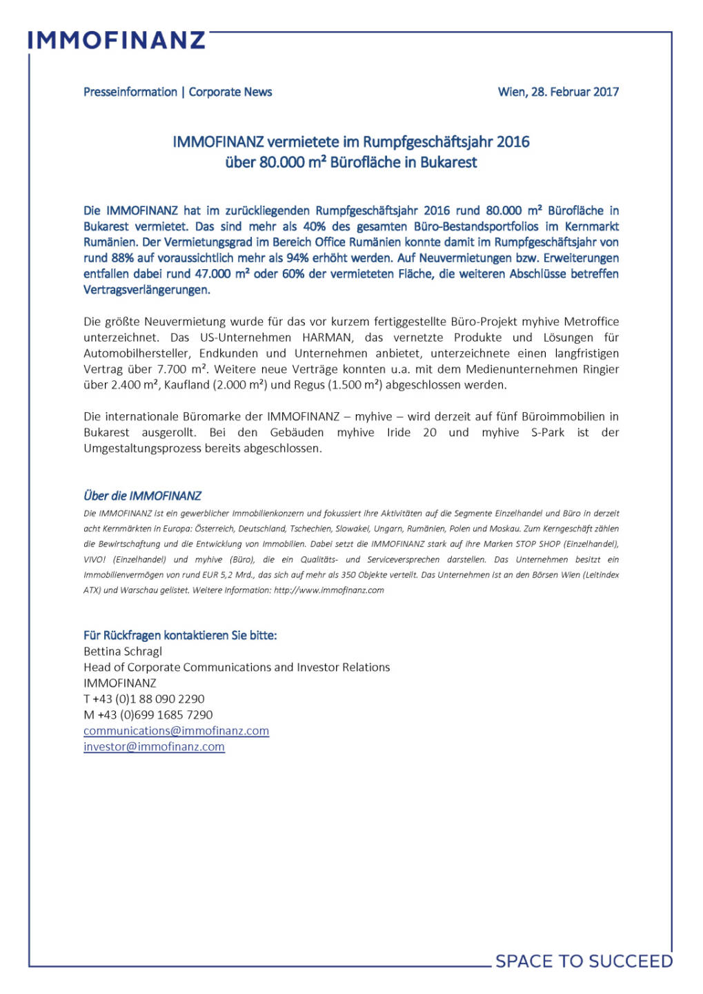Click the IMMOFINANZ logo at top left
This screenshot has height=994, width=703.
[117, 40]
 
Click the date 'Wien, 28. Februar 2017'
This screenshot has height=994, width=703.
[558, 92]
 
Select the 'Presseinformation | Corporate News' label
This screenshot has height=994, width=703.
[177, 92]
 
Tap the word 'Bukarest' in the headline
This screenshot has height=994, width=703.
[449, 163]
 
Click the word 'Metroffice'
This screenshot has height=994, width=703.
[591, 322]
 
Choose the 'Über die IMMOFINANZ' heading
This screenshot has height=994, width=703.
[142, 496]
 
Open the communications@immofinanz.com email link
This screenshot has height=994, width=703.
[176, 731]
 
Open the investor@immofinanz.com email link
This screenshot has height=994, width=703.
[154, 747]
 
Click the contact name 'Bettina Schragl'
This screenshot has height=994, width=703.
[123, 652]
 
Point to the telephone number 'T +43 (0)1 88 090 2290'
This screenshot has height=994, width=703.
[144, 699]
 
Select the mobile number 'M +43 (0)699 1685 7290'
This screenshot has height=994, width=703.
[148, 715]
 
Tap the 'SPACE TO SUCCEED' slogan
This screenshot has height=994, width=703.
[584, 961]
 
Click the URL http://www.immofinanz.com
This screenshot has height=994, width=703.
[328, 590]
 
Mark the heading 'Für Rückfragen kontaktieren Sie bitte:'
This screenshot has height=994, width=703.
[180, 635]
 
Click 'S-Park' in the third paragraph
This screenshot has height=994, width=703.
[548, 433]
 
